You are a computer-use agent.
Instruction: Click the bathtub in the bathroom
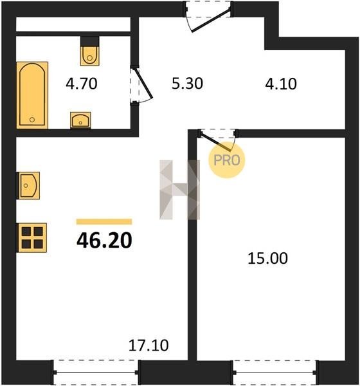coord(32,95)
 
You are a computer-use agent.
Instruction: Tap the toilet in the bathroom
coord(90,55)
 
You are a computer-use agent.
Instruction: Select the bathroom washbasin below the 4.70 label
coord(80,120)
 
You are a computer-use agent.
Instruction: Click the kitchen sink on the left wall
coord(28,185)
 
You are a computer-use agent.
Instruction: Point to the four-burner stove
coord(32,238)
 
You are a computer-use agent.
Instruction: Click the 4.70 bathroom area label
coord(82,84)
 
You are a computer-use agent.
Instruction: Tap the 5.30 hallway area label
coord(187,84)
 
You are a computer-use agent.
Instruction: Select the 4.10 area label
coord(281,84)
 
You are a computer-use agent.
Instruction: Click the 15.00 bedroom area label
coord(267,258)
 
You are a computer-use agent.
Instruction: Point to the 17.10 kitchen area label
coord(148,345)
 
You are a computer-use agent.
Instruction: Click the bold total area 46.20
coord(104,241)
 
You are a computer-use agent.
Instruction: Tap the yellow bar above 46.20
coord(104,222)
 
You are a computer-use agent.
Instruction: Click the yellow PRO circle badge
coord(227,160)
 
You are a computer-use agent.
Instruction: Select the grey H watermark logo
coord(179,190)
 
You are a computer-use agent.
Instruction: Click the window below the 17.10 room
coord(96,372)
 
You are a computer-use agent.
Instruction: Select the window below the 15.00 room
coord(275,372)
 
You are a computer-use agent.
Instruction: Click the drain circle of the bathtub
coord(32,120)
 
